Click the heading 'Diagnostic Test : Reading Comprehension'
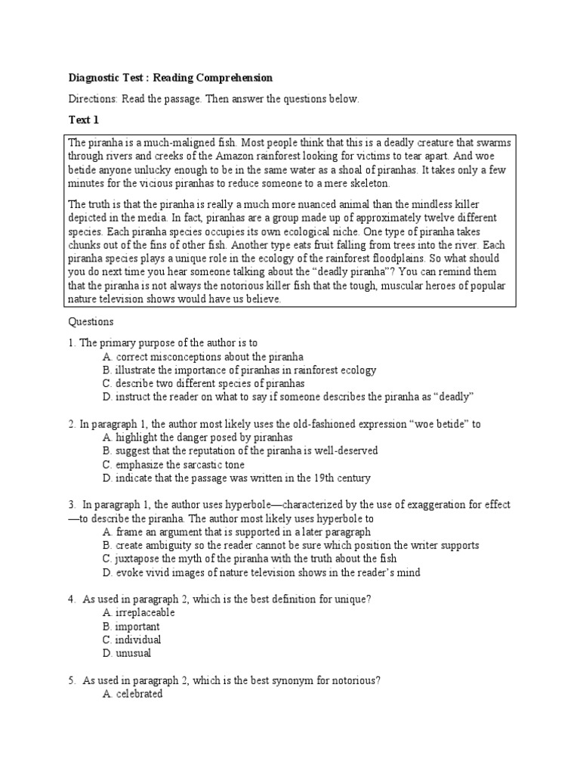171,78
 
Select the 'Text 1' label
84,120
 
